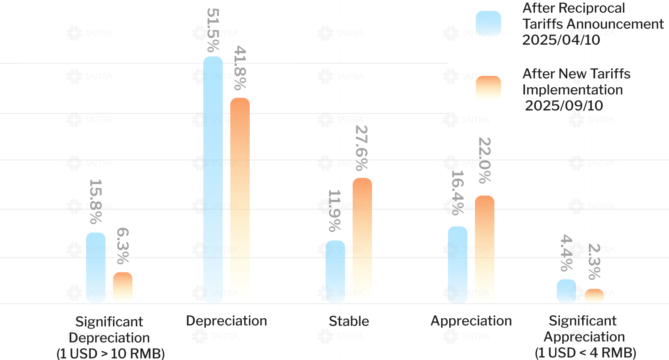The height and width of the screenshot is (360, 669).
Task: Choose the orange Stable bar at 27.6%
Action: pyautogui.click(x=362, y=240)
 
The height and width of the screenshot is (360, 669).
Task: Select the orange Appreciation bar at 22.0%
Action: pyautogui.click(x=485, y=249)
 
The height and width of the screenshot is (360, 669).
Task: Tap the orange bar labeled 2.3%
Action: pyautogui.click(x=594, y=296)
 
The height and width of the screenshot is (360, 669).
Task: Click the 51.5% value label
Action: pyautogui.click(x=213, y=30)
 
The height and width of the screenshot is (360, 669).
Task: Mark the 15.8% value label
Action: pyautogui.click(x=96, y=201)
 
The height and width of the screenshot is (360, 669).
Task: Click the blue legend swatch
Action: pyautogui.click(x=488, y=24)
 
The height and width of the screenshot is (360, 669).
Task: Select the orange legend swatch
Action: pyautogui.click(x=488, y=89)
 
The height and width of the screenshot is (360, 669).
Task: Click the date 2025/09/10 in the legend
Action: pyautogui.click(x=564, y=105)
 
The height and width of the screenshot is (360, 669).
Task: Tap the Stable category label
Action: pyautogui.click(x=349, y=321)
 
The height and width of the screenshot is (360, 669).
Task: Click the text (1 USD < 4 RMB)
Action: pyautogui.click(x=585, y=353)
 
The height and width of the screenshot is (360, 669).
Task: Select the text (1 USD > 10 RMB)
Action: pyautogui.click(x=111, y=353)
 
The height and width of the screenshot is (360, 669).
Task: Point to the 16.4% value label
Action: pyautogui.click(x=458, y=192)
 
